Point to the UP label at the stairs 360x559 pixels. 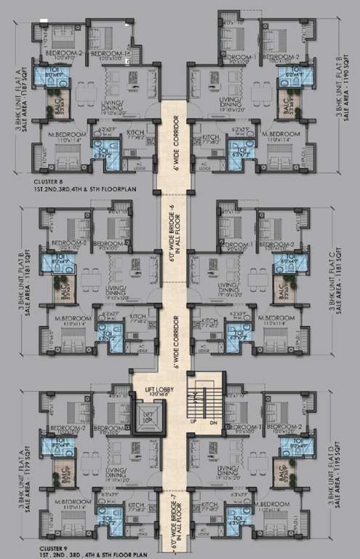193,421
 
